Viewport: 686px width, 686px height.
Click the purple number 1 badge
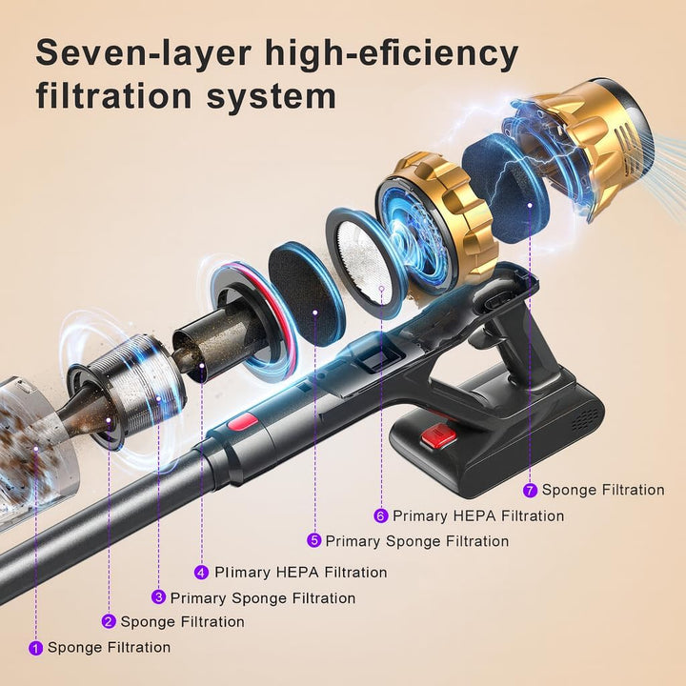[36, 648]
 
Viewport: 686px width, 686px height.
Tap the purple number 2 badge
[109, 621]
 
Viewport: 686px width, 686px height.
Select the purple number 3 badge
[158, 597]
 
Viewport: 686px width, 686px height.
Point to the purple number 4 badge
[201, 573]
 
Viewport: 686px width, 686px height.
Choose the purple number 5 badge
[313, 541]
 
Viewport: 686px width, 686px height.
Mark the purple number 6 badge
[381, 515]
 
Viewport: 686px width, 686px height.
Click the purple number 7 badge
[531, 490]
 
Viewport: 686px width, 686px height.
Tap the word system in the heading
[272, 96]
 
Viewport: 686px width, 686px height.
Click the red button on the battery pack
[438, 437]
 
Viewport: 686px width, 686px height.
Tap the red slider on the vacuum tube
[242, 422]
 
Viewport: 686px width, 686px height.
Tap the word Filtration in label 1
[139, 648]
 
